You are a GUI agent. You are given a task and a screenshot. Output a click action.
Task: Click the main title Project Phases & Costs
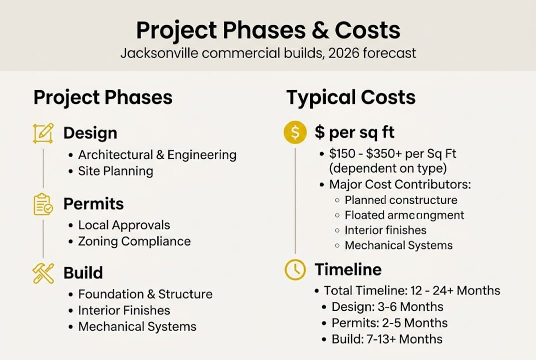[x=268, y=30]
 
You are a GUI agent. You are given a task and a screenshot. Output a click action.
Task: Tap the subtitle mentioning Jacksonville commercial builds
[x=268, y=53]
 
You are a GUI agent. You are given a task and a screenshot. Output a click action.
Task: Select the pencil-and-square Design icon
[x=43, y=133]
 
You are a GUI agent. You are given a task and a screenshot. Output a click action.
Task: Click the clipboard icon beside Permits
[x=43, y=204]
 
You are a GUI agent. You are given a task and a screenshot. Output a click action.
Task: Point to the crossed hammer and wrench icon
[x=43, y=273]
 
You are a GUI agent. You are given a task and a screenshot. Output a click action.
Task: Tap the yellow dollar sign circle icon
[x=295, y=132]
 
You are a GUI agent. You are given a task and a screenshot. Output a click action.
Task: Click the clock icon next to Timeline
[x=295, y=269]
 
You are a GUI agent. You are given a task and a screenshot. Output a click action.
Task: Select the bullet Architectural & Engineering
[x=157, y=155]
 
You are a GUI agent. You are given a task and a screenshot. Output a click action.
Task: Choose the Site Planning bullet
[x=115, y=171]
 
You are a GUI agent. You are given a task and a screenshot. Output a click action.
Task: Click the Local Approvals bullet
[x=124, y=225]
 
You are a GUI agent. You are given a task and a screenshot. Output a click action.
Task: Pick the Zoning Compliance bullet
[x=134, y=241]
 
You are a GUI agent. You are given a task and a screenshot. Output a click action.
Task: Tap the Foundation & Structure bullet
[x=145, y=294]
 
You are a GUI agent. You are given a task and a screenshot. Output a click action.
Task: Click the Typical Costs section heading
[x=351, y=97]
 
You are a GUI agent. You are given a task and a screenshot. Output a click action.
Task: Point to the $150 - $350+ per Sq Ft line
[x=392, y=154]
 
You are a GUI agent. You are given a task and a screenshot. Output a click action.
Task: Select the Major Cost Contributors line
[x=400, y=184]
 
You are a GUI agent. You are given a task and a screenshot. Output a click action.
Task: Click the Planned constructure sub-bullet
[x=401, y=200]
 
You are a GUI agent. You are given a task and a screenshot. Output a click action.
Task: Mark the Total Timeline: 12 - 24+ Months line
[x=412, y=290]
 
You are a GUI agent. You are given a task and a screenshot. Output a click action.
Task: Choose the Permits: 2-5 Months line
[x=390, y=323]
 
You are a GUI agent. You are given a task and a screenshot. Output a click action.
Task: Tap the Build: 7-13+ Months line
[x=387, y=339]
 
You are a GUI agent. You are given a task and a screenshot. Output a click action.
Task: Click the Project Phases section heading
[x=103, y=97]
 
